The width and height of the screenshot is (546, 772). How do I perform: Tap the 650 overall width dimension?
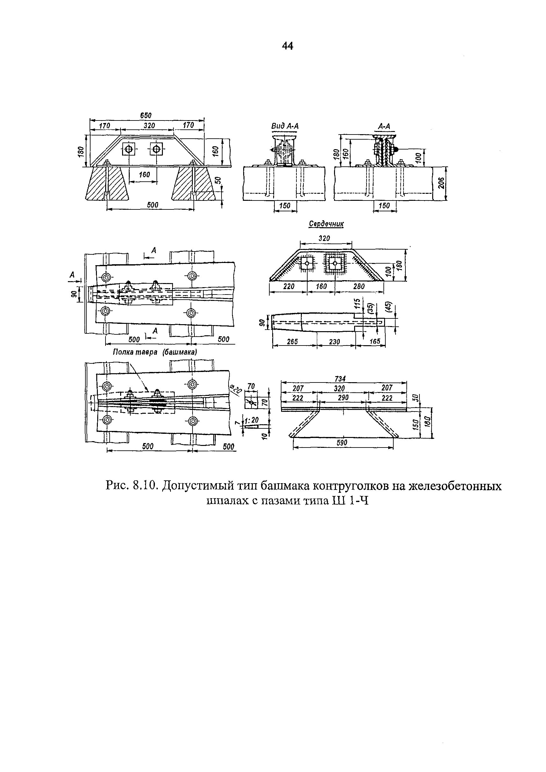pyautogui.click(x=146, y=115)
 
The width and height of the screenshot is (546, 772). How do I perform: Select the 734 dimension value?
pyautogui.click(x=340, y=379)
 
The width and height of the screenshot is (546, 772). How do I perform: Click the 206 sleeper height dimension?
pyautogui.click(x=441, y=184)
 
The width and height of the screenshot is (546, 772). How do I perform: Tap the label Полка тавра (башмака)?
pyautogui.click(x=155, y=352)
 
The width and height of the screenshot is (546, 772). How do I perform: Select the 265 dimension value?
pyautogui.click(x=293, y=342)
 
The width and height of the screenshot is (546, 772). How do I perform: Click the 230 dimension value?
pyautogui.click(x=335, y=342)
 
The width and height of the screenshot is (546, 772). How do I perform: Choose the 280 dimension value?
pyautogui.click(x=359, y=286)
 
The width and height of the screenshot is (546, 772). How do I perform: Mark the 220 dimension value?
pyautogui.click(x=289, y=286)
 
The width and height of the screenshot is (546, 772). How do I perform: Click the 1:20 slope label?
pyautogui.click(x=251, y=421)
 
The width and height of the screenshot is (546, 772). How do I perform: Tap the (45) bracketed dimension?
pyautogui.click(x=389, y=307)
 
